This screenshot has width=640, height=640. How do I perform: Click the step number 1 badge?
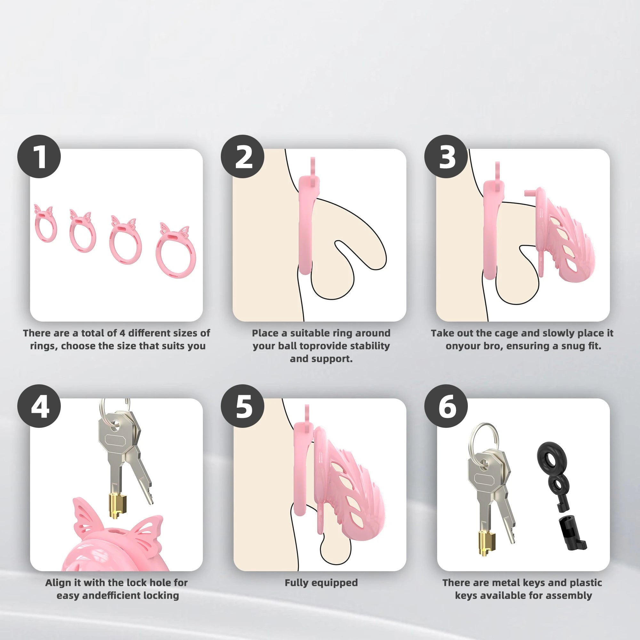[x=39, y=156]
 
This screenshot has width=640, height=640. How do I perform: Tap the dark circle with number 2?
[x=243, y=156]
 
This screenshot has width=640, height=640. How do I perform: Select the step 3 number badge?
[x=446, y=156]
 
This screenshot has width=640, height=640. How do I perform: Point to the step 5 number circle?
[x=243, y=406]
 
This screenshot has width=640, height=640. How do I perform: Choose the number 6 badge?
[x=446, y=406]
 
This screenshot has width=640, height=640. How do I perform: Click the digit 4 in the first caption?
[x=122, y=333]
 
